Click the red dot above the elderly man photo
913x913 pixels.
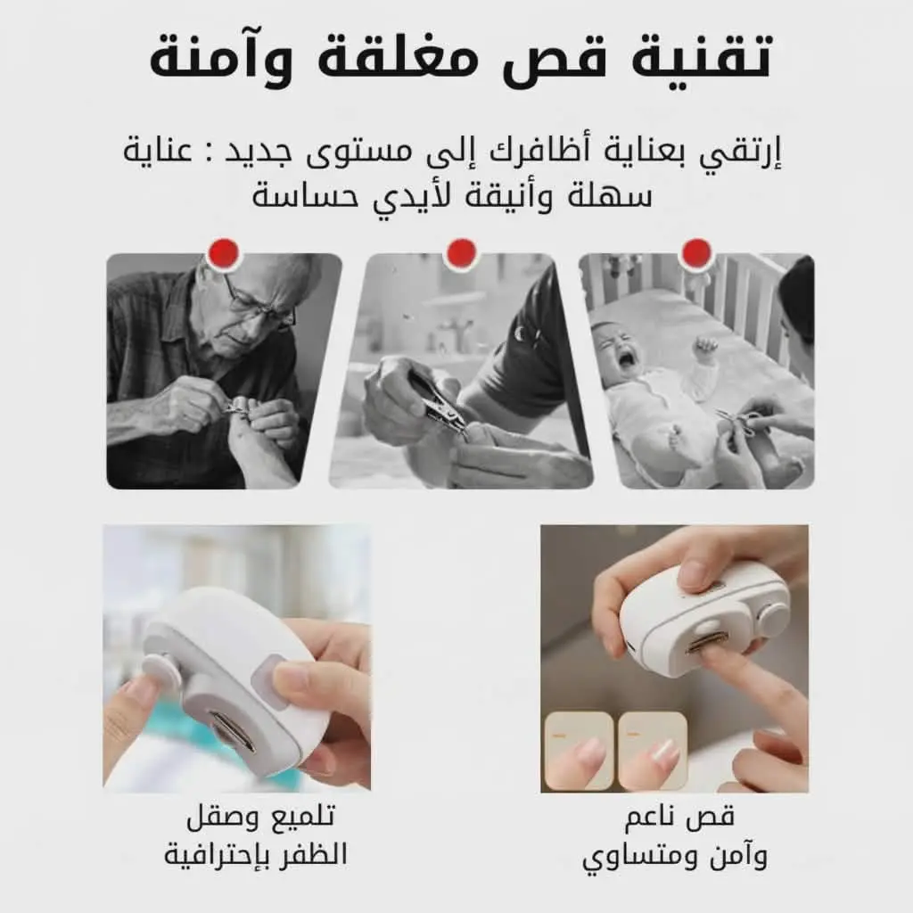pyautogui.click(x=224, y=254)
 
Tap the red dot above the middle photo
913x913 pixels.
pyautogui.click(x=461, y=254)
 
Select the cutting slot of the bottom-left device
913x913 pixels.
pyautogui.click(x=233, y=733)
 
